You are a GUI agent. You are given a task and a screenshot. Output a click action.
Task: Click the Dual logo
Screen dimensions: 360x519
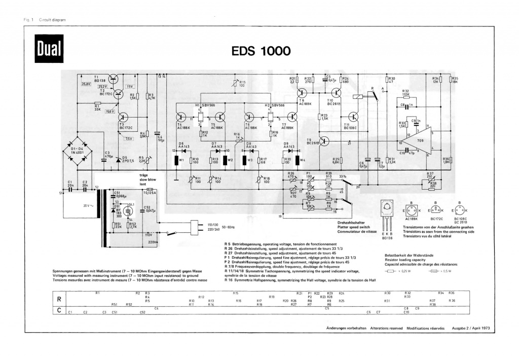click(x=49, y=49)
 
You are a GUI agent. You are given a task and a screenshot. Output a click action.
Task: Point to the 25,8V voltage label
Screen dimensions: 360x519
click(x=86, y=84)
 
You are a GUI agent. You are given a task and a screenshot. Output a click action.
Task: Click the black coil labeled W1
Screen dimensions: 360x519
click(x=177, y=161)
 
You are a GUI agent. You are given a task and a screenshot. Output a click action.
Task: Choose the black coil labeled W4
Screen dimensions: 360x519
click(x=302, y=161)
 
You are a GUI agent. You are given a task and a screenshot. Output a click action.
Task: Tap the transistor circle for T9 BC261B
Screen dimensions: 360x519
click(x=325, y=141)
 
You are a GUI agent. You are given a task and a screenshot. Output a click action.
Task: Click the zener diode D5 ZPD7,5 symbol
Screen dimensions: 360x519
click(x=118, y=159)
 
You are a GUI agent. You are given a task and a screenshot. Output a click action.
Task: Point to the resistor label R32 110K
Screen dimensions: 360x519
click(x=406, y=93)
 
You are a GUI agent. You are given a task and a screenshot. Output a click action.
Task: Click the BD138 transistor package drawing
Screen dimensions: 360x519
click(x=388, y=215)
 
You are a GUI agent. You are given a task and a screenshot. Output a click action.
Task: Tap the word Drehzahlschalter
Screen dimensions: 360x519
click(x=350, y=223)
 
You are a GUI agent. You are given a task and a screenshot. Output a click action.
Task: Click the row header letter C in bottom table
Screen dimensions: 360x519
click(x=59, y=310)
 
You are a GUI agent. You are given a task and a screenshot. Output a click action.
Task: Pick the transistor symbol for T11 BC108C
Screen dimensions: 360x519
click(x=353, y=117)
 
